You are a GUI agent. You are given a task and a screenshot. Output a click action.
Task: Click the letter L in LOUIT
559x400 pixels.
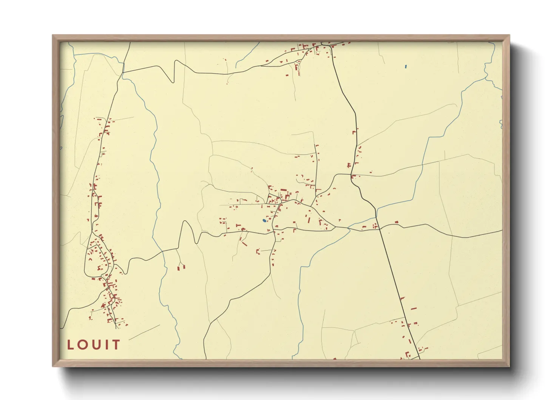[70, 345]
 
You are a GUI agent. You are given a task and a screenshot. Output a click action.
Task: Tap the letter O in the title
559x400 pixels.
[83, 345]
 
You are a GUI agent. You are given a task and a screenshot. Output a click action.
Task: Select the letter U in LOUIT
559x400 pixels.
[97, 345]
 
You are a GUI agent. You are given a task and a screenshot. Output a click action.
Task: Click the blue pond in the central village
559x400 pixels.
[264, 220]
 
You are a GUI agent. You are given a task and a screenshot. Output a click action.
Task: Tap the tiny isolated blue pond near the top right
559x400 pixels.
[406, 67]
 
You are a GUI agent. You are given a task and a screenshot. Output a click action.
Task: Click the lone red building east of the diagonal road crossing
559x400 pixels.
[396, 222]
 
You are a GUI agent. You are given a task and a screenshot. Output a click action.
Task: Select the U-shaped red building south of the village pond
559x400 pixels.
[258, 251]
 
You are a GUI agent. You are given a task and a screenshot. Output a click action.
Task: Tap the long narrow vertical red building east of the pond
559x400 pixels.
[309, 220]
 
